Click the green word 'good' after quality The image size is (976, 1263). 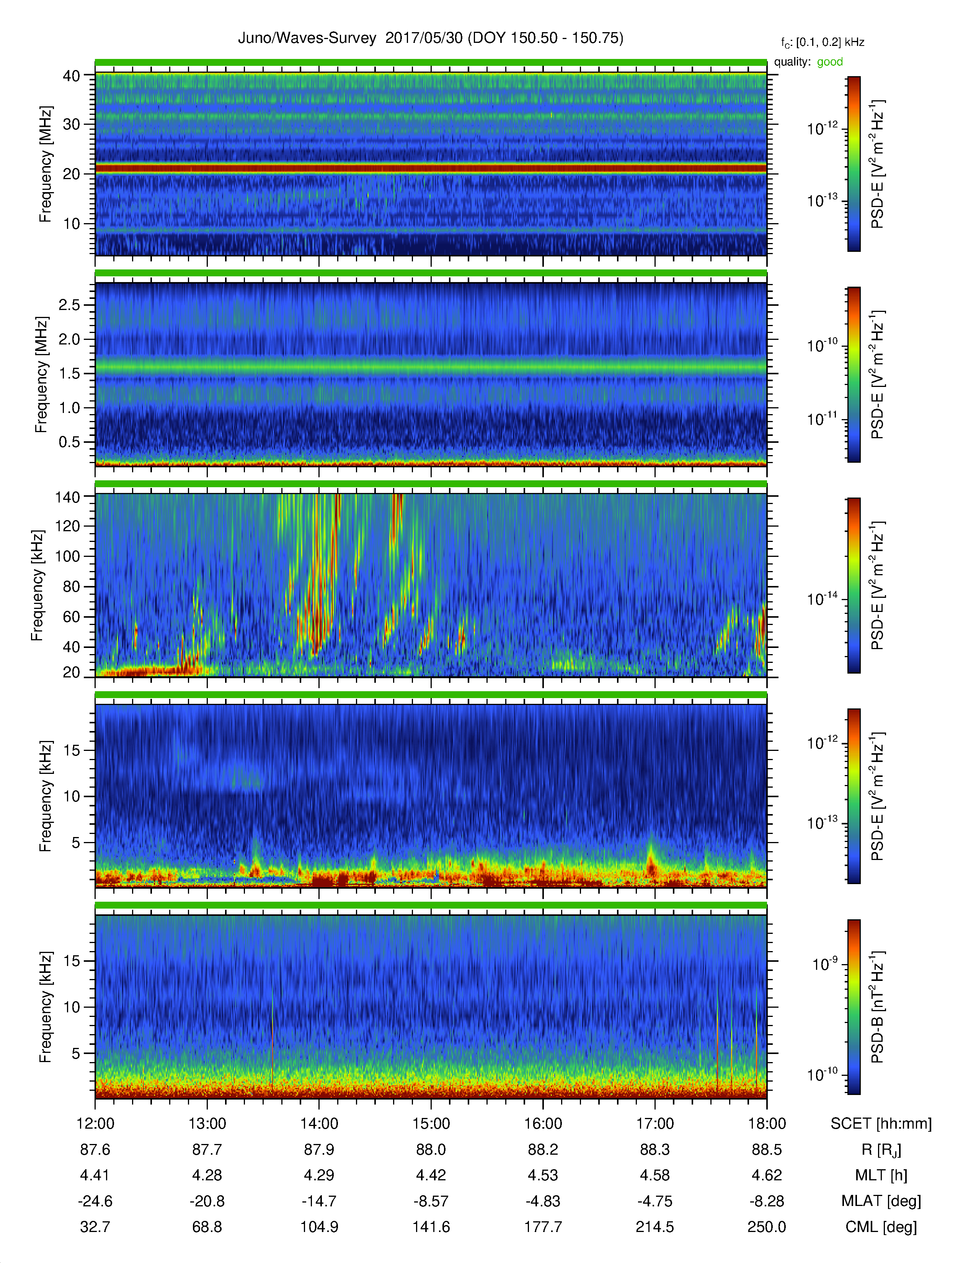[x=830, y=62]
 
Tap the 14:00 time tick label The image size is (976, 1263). [x=319, y=1124]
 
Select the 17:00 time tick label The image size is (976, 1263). [x=655, y=1124]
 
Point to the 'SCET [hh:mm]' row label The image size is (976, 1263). [x=881, y=1124]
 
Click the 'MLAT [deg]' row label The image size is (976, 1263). [x=881, y=1201]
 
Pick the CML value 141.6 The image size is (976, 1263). [x=431, y=1227]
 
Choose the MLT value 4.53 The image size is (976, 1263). [x=543, y=1175]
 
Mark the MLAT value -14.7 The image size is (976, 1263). [x=319, y=1201]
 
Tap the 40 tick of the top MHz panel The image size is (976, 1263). [x=71, y=76]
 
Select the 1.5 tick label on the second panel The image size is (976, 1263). [x=69, y=373]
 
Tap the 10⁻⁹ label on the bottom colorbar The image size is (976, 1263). [x=824, y=963]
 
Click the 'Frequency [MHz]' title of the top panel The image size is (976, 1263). [x=45, y=164]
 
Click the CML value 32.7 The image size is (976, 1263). [x=95, y=1227]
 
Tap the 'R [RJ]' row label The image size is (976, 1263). [x=881, y=1150]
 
